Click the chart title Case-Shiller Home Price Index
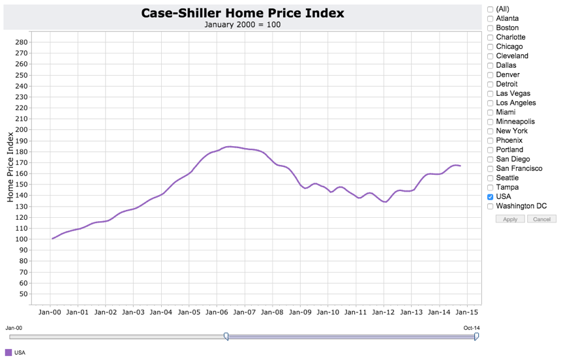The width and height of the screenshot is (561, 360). (x=242, y=13)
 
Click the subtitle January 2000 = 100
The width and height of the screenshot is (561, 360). (x=242, y=25)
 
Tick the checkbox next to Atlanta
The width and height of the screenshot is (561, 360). (x=491, y=18)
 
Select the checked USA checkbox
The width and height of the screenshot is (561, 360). (x=491, y=196)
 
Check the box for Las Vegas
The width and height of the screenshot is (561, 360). (x=491, y=93)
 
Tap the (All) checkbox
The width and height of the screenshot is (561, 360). (x=491, y=9)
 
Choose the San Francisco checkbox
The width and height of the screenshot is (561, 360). (x=491, y=168)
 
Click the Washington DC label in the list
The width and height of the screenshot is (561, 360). (x=521, y=206)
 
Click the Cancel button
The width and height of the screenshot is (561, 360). (x=541, y=219)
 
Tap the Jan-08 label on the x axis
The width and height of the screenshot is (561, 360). (x=272, y=312)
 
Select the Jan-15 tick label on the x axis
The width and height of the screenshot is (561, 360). (x=467, y=312)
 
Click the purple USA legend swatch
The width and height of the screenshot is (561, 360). (x=8, y=353)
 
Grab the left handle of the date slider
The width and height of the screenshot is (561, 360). (x=226, y=336)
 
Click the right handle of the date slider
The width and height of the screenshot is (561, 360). (x=476, y=336)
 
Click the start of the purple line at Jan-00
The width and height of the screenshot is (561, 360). (x=52, y=239)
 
